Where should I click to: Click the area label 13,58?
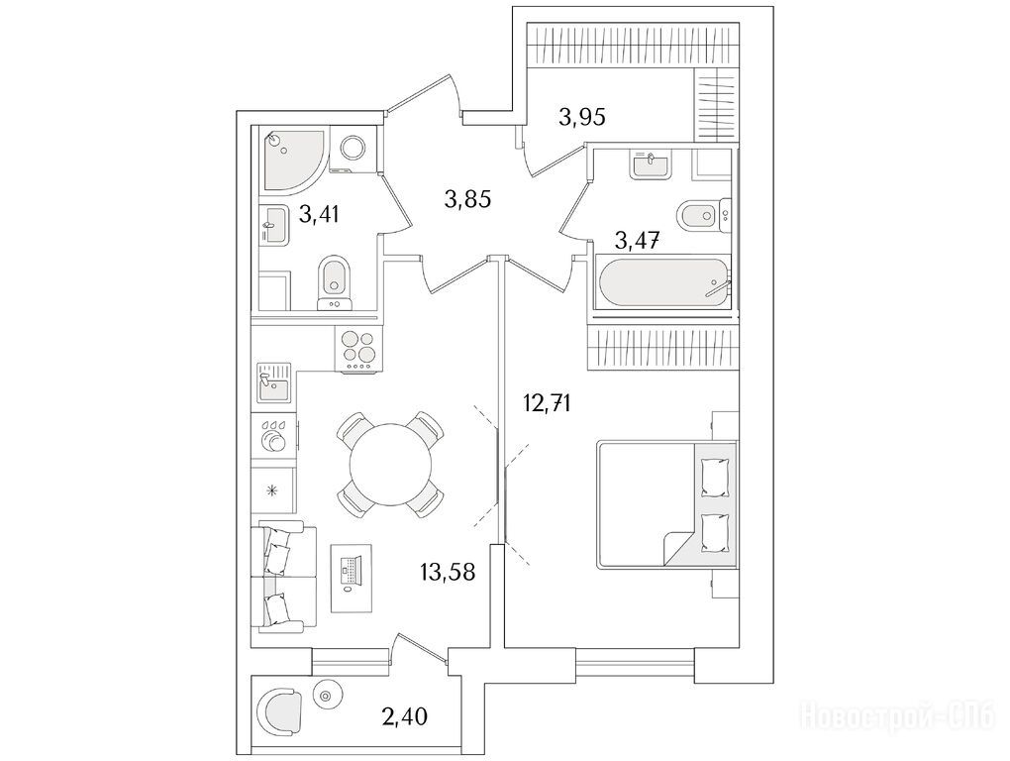point(448,571)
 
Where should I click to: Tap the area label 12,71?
point(547,404)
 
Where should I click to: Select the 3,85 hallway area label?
point(467,199)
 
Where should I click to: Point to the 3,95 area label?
point(582,117)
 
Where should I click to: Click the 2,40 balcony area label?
point(403,715)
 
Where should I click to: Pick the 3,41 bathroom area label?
point(319,213)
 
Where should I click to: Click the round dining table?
point(390,464)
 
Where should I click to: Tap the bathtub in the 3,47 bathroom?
point(663,284)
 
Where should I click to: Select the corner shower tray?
point(293,162)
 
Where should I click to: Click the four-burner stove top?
point(358,349)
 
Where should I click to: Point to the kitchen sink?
point(274,383)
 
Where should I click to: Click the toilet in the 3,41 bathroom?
point(335,282)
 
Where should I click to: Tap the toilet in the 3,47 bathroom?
point(703,214)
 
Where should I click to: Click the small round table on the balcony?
point(326,696)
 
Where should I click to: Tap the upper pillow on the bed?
point(714,477)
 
